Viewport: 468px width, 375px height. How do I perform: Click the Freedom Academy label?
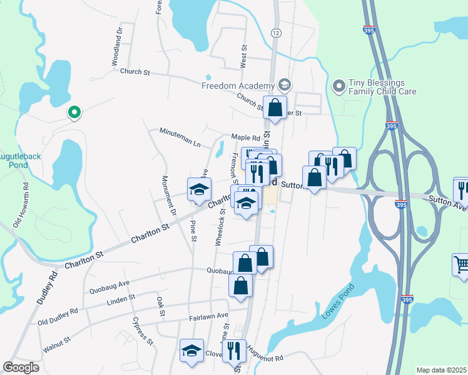pyautogui.click(x=238, y=86)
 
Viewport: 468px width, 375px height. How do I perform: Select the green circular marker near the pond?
pyautogui.click(x=74, y=112)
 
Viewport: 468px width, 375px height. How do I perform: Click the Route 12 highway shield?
pyautogui.click(x=276, y=31)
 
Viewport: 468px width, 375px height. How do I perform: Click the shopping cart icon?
pyautogui.click(x=460, y=264)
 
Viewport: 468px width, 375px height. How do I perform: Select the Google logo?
pyautogui.click(x=21, y=367)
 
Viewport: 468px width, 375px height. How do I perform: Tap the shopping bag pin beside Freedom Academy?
pyautogui.click(x=275, y=107)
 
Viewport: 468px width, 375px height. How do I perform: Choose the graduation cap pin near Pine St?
pyautogui.click(x=200, y=190)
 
